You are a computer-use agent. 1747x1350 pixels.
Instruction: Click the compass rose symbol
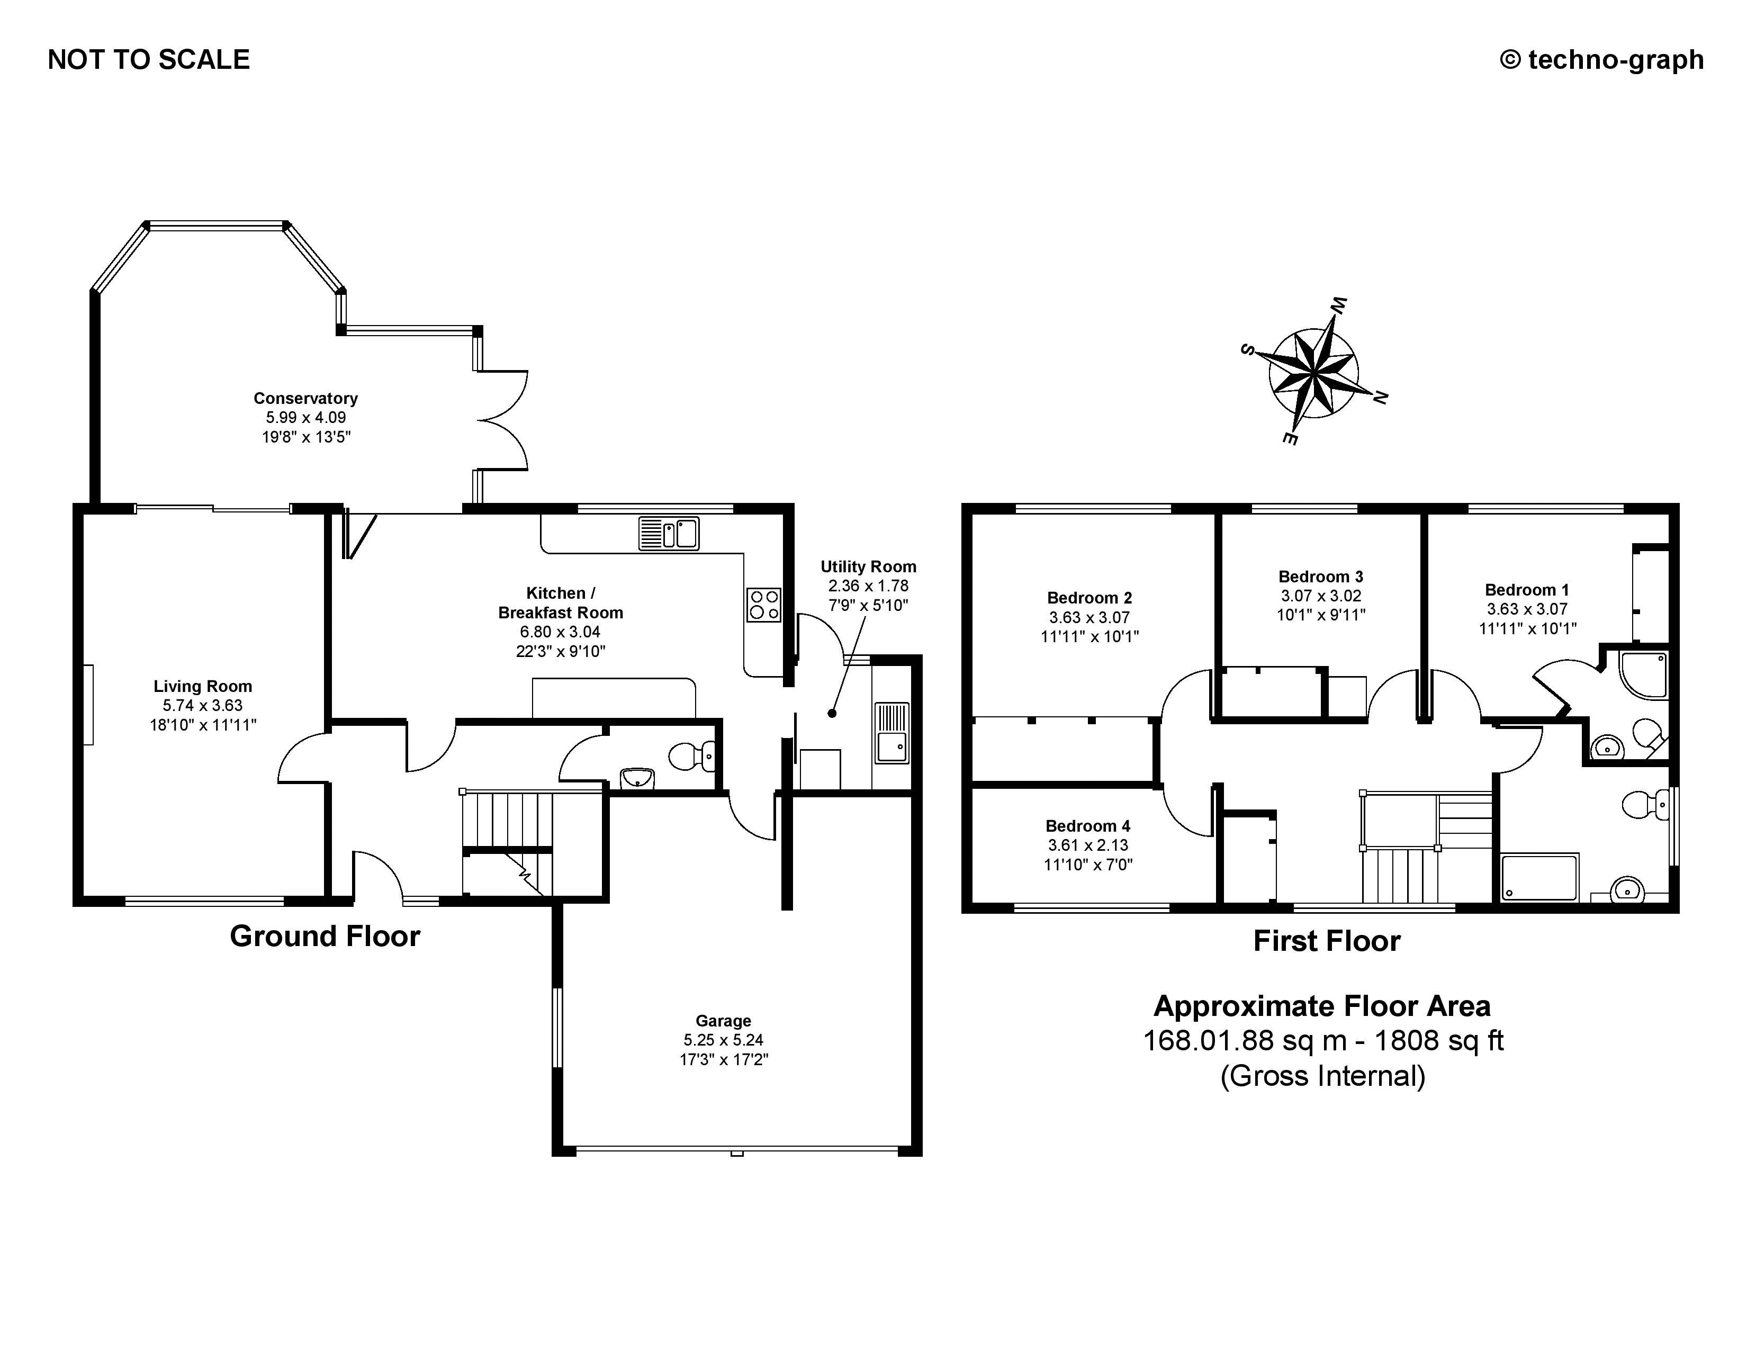[1313, 373]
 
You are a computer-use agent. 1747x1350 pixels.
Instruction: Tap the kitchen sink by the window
[669, 534]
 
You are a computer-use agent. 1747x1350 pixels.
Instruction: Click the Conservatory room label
[305, 398]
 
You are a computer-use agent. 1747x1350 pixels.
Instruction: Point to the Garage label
[723, 1021]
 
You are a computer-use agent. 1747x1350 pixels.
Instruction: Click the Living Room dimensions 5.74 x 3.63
[202, 705]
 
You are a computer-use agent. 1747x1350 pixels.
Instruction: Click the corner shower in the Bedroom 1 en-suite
[1644, 676]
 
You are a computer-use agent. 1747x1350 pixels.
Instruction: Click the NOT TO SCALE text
[149, 60]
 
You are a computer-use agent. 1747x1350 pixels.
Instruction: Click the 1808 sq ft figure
[1439, 1040]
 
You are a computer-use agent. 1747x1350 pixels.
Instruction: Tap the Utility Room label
[868, 567]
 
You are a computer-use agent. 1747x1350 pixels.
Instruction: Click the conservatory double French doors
[504, 419]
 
